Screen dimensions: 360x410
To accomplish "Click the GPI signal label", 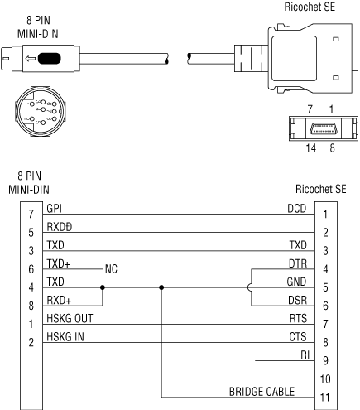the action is click(54, 209).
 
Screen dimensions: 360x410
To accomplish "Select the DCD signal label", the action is click(297, 209).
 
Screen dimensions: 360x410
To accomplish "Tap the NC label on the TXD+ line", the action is click(111, 268).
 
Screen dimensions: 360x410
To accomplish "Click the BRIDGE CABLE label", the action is click(262, 392).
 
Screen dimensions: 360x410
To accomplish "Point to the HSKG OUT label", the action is click(70, 318).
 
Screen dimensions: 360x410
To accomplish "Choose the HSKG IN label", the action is click(65, 336).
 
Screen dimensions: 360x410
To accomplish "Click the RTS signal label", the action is click(298, 318).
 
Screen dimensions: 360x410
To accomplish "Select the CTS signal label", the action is click(298, 336).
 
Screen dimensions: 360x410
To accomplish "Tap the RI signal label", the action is click(305, 355).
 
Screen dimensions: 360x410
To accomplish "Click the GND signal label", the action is click(296, 282).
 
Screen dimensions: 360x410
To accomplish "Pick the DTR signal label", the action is click(298, 263).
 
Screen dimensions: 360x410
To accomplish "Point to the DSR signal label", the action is click(297, 300).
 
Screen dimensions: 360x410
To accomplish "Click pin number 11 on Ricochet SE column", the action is click(325, 398).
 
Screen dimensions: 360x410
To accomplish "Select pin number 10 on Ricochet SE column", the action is click(325, 379).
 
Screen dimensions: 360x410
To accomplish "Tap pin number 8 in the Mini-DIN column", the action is click(31, 306).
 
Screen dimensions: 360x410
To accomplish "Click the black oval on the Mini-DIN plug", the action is click(49, 58).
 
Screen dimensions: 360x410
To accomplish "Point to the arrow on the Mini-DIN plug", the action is click(31, 59).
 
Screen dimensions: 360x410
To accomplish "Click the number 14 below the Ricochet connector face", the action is click(311, 148).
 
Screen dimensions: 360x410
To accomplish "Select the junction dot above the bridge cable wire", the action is click(161, 287).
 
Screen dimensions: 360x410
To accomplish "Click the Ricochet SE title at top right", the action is click(310, 7).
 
